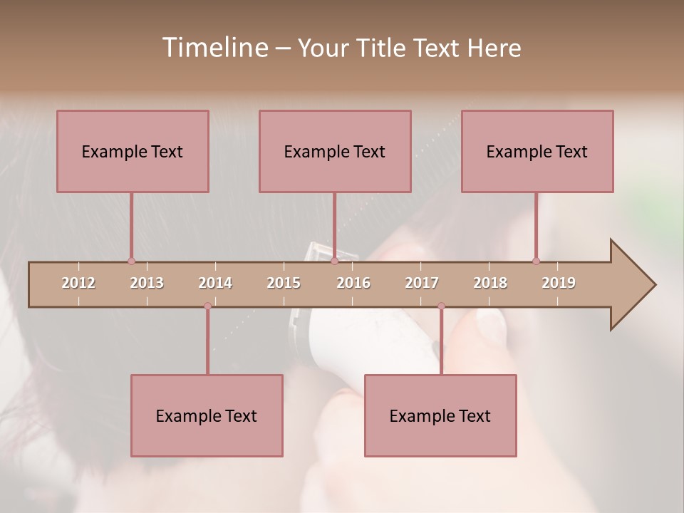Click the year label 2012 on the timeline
tap(78, 283)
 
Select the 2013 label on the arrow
tap(147, 283)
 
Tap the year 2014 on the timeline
tap(215, 283)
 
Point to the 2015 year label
tap(284, 283)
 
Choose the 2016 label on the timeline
tap(353, 283)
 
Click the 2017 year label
tap(422, 283)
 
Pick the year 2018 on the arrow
tap(490, 283)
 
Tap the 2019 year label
tap(559, 283)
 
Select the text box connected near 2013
tap(133, 151)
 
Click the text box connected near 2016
tap(335, 151)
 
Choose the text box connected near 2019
tap(537, 151)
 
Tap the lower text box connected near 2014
tap(207, 415)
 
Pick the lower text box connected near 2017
tap(440, 415)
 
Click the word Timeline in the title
tap(214, 48)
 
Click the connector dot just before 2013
tap(131, 261)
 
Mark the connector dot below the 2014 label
tap(207, 306)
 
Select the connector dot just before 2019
tap(536, 261)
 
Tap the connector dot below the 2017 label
tap(441, 306)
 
